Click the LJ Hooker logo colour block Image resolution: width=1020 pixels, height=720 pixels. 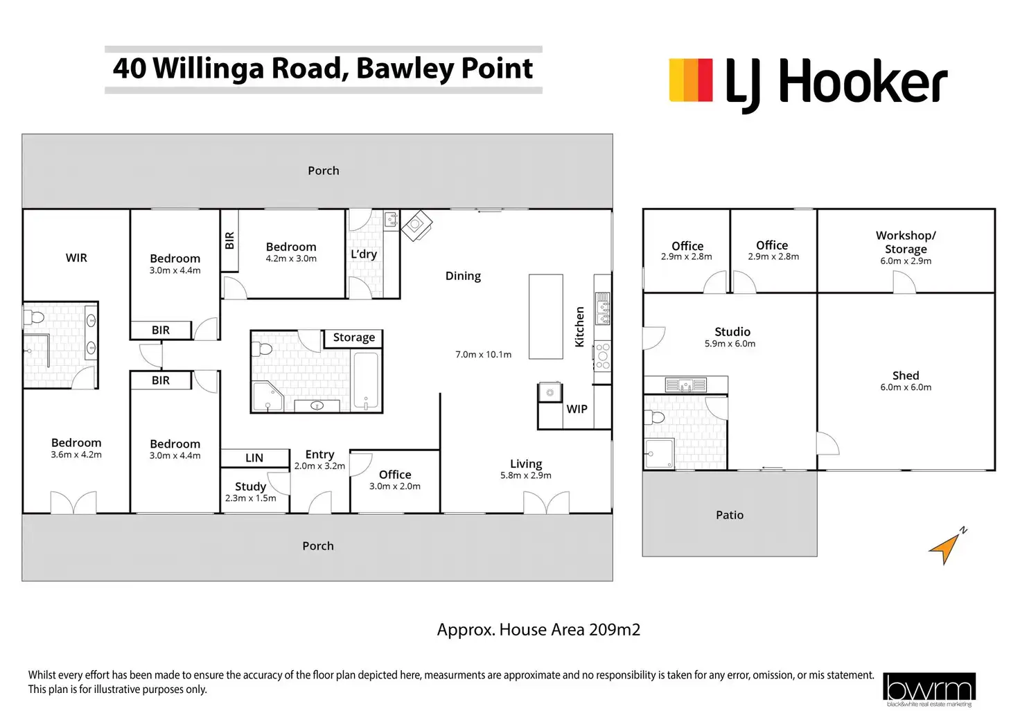690,80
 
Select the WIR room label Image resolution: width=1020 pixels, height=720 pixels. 76,258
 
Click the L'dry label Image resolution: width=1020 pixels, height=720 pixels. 364,254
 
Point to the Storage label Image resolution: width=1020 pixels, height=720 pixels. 353,337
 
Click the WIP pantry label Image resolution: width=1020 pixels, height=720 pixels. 577,409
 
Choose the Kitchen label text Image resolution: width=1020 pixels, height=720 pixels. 580,326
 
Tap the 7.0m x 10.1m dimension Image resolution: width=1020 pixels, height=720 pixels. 483,355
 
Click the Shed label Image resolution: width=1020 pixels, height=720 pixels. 906,376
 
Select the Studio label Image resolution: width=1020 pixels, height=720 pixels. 732,332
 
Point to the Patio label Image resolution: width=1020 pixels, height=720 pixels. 729,515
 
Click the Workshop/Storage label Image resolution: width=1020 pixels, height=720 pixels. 906,242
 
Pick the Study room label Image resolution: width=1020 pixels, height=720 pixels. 250,486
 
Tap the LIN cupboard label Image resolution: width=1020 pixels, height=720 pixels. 254,458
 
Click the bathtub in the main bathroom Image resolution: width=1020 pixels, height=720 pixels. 366,380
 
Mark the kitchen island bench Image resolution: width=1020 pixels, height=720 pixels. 545,316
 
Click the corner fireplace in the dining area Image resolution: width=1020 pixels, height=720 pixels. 416,225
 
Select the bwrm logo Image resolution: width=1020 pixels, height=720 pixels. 929,689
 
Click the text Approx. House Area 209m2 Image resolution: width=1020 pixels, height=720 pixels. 538,630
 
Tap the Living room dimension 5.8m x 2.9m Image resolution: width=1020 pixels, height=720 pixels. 526,475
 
